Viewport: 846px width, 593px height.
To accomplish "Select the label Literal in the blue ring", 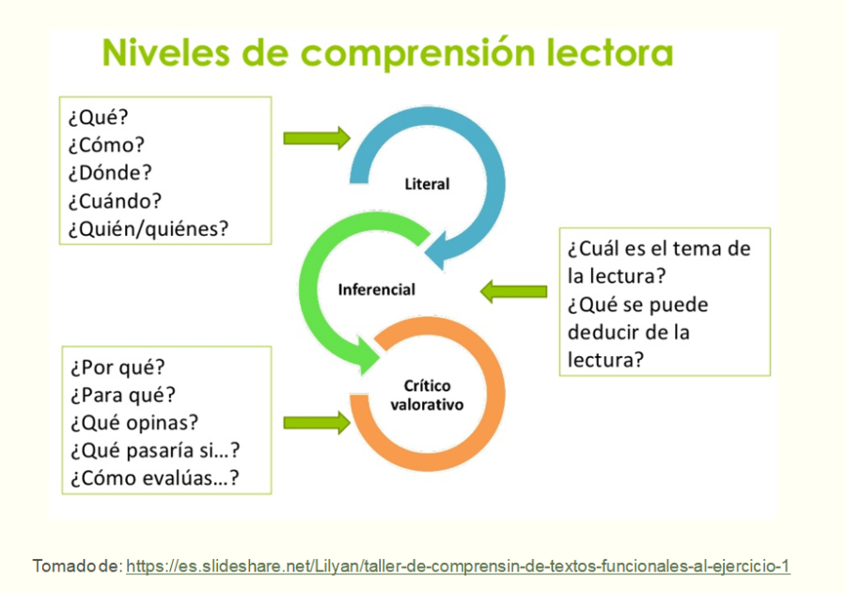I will click(x=427, y=184).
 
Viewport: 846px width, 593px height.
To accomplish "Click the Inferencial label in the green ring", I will click(x=376, y=289).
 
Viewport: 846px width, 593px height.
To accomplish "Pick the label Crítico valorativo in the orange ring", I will click(x=427, y=396).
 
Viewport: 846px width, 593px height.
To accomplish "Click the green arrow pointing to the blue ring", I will click(x=316, y=138).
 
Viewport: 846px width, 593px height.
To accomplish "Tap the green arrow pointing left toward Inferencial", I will click(x=513, y=291).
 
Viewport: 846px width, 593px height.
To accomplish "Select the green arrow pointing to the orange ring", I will click(x=316, y=423).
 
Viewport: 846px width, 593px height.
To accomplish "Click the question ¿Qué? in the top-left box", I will click(x=98, y=119).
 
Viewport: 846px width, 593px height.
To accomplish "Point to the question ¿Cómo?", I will click(x=106, y=146).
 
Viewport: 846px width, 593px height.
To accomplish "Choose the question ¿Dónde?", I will click(x=109, y=173).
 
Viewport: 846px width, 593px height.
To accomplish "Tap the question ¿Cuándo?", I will click(x=115, y=200).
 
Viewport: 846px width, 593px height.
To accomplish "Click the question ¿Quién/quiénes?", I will click(x=148, y=227).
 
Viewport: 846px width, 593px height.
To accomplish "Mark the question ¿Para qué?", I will click(x=123, y=396).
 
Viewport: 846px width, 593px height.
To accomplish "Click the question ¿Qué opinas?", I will click(x=134, y=423).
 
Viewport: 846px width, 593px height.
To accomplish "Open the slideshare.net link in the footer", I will click(x=458, y=567).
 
